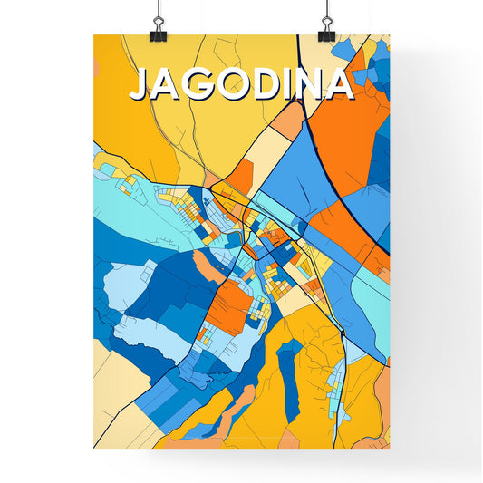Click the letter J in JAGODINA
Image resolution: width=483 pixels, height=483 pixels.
coord(140,84)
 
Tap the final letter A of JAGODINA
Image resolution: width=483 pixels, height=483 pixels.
coord(339,83)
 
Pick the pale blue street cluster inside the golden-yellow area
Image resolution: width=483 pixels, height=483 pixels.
coord(339,390)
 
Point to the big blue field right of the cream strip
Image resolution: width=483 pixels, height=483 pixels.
coord(290,177)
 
